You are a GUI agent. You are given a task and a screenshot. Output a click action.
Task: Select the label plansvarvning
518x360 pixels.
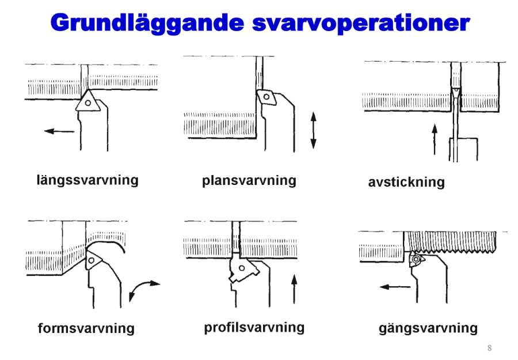coord(249,181)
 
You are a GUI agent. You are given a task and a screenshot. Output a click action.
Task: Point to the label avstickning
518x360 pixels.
coord(406,183)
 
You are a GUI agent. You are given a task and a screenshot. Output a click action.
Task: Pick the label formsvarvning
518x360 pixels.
coord(86,329)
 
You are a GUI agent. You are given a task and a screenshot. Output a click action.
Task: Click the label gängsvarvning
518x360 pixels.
coord(428,328)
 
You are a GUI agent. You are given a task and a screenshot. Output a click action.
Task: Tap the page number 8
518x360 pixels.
coord(489,348)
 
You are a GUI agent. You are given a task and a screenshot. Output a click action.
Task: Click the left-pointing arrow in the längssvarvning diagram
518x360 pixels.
coord(59,131)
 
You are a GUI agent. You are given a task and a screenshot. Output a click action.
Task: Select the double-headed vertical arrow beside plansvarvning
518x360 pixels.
coord(313,130)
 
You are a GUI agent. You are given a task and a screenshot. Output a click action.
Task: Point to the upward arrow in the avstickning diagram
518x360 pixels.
coord(435,138)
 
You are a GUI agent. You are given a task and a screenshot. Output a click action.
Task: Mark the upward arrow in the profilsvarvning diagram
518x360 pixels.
coord(294,289)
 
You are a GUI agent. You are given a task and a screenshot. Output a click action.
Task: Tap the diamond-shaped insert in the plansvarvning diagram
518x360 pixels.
coord(266,96)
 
